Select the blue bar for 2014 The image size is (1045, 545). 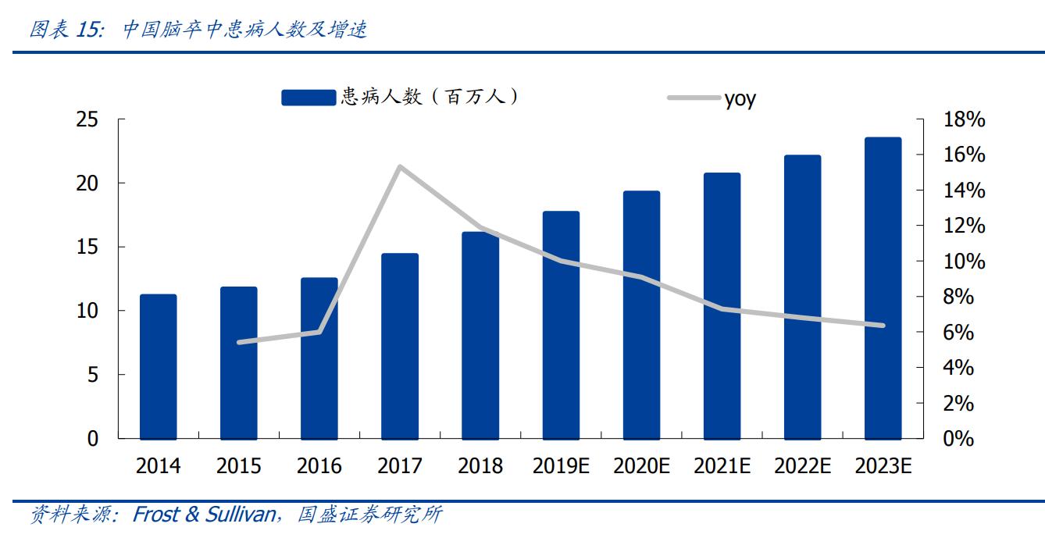[x=159, y=366]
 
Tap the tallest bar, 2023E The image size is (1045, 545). [x=883, y=288]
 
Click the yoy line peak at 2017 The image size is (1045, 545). [x=399, y=166]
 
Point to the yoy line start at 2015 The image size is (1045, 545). [x=239, y=342]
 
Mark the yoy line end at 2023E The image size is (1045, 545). [x=883, y=326]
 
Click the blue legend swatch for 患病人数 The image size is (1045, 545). [x=309, y=97]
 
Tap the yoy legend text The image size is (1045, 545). [x=740, y=98]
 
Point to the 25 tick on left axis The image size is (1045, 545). [x=87, y=119]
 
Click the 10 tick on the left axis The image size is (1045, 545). [x=87, y=311]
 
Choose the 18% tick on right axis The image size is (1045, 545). [x=964, y=119]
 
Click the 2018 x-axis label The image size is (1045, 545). [x=480, y=466]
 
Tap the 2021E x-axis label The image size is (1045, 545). [x=722, y=466]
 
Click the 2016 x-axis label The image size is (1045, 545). [x=319, y=466]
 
